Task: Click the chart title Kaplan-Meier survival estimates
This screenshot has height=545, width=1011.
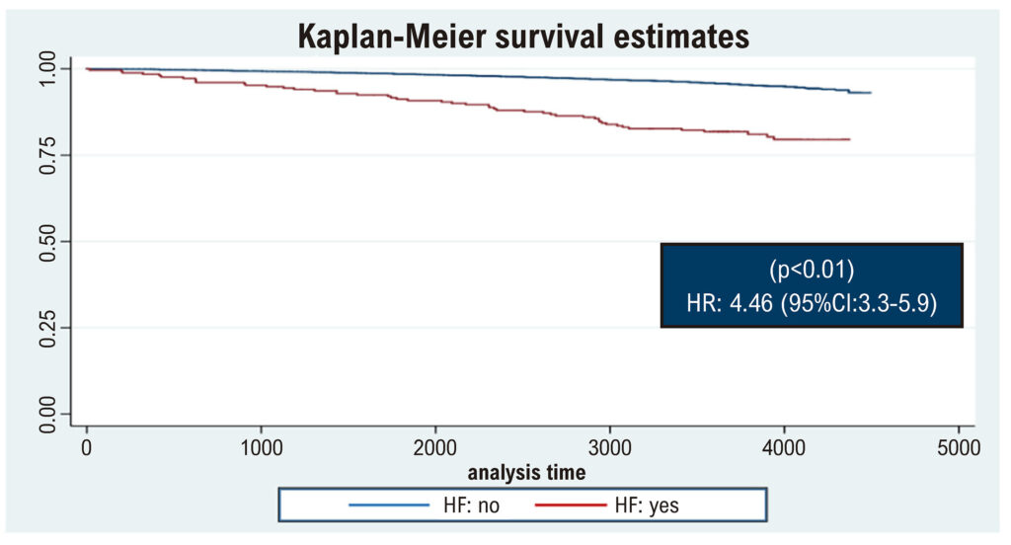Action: (x=523, y=37)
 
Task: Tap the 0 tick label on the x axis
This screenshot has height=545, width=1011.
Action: (x=87, y=447)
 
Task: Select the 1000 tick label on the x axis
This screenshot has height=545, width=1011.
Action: (x=261, y=447)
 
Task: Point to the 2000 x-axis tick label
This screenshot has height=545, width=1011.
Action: (x=435, y=447)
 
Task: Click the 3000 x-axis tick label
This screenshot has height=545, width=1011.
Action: (x=610, y=447)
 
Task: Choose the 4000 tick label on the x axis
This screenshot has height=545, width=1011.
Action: (x=784, y=447)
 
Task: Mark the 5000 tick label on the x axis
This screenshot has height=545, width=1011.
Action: (x=959, y=447)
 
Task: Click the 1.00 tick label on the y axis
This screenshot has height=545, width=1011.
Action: (x=47, y=69)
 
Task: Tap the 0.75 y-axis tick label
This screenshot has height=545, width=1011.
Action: (x=47, y=155)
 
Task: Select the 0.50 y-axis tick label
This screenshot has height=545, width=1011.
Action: (x=47, y=242)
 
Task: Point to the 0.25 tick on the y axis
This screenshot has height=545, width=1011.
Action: (x=47, y=329)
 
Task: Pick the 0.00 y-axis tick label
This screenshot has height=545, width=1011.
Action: (x=47, y=414)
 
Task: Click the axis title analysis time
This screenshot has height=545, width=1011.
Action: (x=527, y=473)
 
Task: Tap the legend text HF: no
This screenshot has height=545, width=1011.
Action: (x=471, y=505)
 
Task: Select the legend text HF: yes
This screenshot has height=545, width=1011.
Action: (x=647, y=505)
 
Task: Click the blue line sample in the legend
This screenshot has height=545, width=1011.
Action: (x=389, y=505)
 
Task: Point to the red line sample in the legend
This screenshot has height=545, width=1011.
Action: (x=571, y=505)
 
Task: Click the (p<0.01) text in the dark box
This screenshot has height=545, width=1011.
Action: (x=812, y=270)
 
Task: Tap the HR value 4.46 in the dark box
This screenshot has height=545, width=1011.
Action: (x=750, y=303)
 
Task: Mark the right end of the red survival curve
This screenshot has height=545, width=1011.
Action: (x=850, y=139)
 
